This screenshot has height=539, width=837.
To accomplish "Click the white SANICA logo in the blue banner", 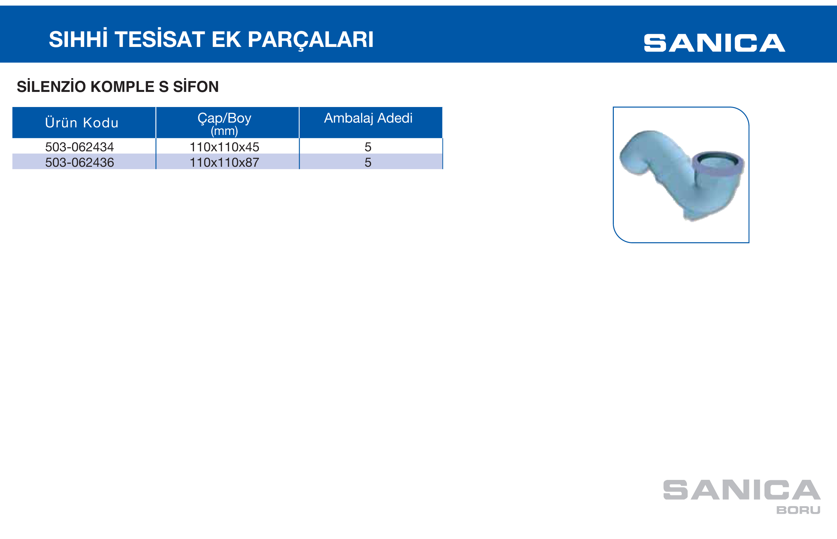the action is pos(715,43).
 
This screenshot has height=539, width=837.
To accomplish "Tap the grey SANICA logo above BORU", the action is pos(742,490).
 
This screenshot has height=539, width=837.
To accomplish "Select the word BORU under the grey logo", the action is pos(798,510).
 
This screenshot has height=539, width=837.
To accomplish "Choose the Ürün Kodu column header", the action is pos(82,123).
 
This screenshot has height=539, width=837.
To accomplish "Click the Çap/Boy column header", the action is pos(224,118).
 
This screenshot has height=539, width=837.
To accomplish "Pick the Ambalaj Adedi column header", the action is pos(368,118).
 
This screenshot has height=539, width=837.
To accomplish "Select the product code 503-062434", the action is pos(79,147).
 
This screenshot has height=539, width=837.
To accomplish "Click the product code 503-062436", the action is pos(79,162).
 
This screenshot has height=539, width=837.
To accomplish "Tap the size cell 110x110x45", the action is pos(224,147).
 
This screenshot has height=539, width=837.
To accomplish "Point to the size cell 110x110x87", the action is pos(224,162).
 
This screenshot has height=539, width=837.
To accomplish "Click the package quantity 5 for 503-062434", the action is pos(368,147).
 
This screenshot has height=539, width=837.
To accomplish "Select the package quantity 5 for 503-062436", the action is pos(368,162).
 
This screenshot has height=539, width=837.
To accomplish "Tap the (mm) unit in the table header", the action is pos(224,131).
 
